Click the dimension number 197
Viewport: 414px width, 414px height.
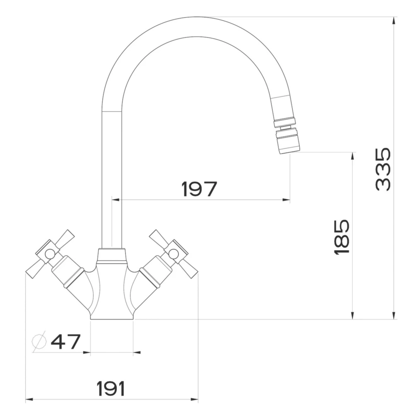[x=200, y=189]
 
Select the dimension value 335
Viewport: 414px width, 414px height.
[x=383, y=169]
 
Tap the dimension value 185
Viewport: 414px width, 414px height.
[x=342, y=237]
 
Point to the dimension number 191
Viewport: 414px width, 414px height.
[x=111, y=388]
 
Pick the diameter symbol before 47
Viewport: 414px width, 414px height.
[x=39, y=342]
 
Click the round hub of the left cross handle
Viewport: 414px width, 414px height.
[x=50, y=254]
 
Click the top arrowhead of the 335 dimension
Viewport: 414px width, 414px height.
[x=394, y=21]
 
